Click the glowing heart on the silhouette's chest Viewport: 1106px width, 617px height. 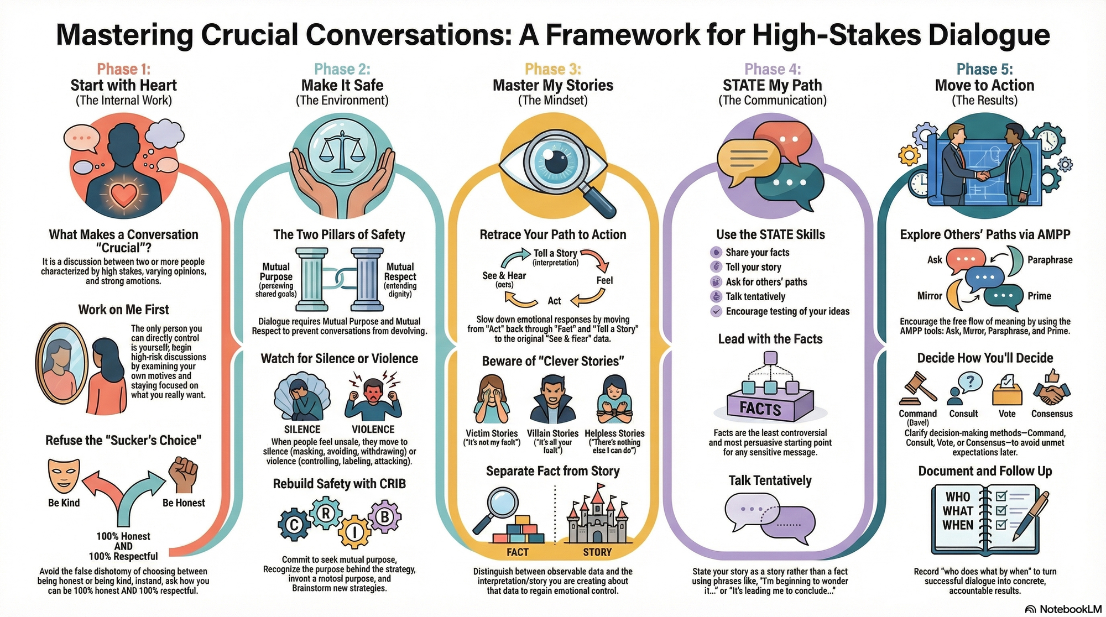(124, 195)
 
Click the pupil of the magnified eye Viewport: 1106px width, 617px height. (554, 163)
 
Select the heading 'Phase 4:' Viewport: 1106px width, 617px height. (772, 69)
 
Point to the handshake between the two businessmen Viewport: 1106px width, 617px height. (982, 176)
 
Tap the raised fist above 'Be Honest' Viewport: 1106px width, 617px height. (183, 474)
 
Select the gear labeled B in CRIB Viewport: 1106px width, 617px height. (384, 517)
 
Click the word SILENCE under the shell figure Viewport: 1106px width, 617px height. (302, 429)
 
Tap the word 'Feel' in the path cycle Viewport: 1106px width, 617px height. (604, 280)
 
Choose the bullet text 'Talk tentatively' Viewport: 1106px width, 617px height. (755, 296)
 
